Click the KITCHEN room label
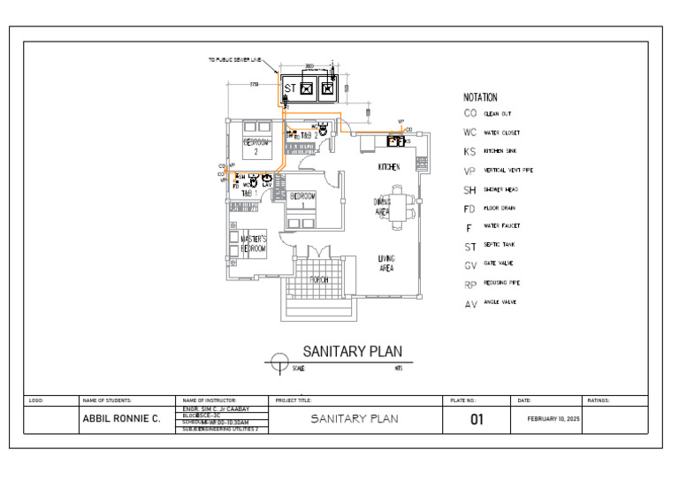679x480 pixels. click(x=389, y=167)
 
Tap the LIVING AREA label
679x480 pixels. click(x=386, y=263)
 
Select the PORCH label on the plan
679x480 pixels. click(x=318, y=280)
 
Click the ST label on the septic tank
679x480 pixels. click(x=289, y=88)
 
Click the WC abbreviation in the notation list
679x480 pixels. click(x=470, y=133)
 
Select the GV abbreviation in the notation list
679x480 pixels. click(x=470, y=264)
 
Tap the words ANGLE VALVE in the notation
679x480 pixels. click(x=500, y=302)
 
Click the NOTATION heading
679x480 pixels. click(x=480, y=97)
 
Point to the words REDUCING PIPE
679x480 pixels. click(x=501, y=283)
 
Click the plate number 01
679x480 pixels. click(x=476, y=418)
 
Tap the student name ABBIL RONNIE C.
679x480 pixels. click(x=121, y=419)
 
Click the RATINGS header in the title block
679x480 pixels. click(x=599, y=400)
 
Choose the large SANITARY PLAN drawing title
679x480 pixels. click(x=353, y=352)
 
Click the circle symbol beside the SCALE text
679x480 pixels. click(x=280, y=362)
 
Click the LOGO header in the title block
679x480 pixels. click(x=36, y=400)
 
